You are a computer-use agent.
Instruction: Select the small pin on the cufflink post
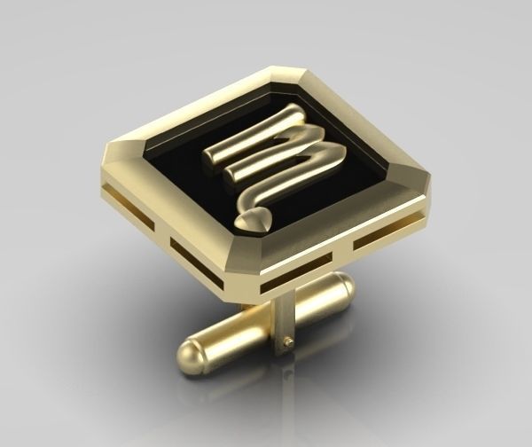coord(286,339)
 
